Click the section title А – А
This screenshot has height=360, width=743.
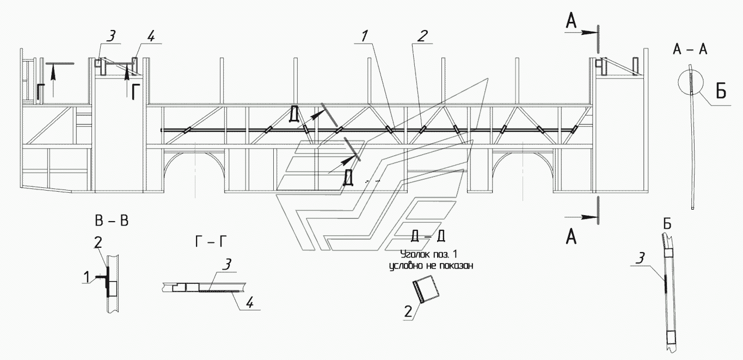point(690,50)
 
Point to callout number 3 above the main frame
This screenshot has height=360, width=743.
point(110,36)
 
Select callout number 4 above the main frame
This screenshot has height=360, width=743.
point(151,36)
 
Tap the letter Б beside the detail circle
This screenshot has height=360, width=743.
point(721,92)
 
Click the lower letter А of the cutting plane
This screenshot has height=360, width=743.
point(571,236)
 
